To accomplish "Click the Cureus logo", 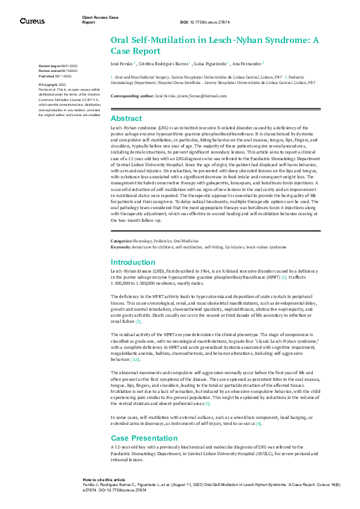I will [32, 21].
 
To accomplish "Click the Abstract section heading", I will [126, 118].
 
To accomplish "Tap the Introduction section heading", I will [133, 262].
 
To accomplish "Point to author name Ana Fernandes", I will [244, 63].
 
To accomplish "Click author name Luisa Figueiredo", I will [211, 63].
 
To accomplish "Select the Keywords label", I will [122, 247].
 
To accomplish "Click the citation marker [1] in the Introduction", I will [283, 277].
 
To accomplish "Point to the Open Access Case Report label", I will [100, 19].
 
